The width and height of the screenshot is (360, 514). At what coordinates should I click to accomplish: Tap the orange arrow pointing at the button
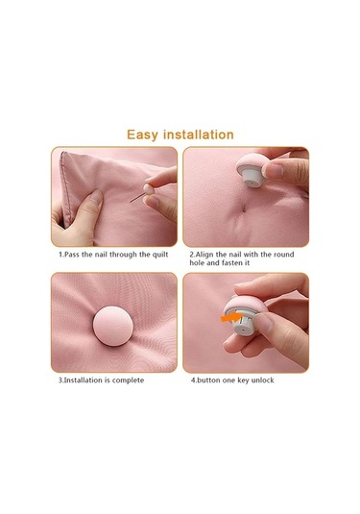click(231, 318)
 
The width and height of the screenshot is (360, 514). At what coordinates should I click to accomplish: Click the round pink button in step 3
click(113, 326)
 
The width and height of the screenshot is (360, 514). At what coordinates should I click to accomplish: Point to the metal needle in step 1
click(137, 198)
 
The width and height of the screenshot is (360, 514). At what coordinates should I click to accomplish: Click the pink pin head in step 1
click(149, 190)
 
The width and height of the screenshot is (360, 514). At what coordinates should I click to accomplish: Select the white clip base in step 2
click(252, 178)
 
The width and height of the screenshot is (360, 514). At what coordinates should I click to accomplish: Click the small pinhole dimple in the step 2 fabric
click(243, 208)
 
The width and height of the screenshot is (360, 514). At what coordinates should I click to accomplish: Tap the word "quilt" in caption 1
click(160, 255)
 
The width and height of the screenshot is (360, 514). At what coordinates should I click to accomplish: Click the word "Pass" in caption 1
click(72, 255)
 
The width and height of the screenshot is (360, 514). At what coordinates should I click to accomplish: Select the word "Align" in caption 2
click(204, 255)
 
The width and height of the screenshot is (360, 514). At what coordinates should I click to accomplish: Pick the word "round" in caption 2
click(283, 255)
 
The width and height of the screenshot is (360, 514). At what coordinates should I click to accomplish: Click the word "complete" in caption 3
click(128, 380)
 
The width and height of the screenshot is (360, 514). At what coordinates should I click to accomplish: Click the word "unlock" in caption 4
click(263, 380)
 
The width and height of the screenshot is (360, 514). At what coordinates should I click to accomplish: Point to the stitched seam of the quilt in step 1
click(66, 190)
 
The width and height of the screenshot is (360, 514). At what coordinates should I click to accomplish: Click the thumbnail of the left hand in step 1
click(96, 199)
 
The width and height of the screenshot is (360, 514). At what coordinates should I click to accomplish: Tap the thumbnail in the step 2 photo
click(274, 171)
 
